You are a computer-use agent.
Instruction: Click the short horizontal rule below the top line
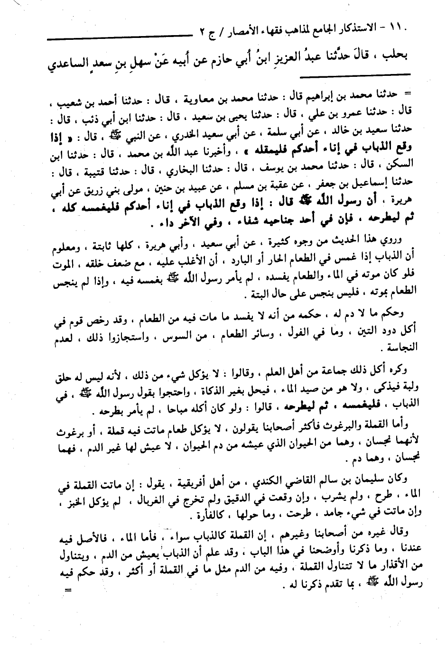click(381, 74)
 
